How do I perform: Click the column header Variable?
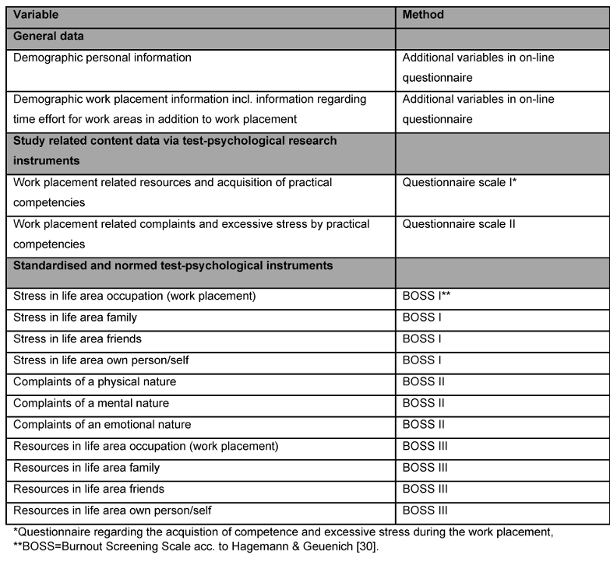[36, 15]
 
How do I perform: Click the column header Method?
[423, 15]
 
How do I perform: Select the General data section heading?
[48, 36]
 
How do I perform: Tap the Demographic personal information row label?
[102, 58]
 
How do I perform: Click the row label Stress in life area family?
[86, 318]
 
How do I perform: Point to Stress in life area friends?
[88, 339]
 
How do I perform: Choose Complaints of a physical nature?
[94, 382]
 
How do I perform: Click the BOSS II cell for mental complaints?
[423, 403]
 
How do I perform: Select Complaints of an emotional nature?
[102, 425]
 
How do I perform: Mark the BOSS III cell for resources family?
[425, 468]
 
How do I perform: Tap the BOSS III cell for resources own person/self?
[425, 511]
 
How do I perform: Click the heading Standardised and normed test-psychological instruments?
[173, 266]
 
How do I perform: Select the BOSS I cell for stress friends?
[421, 339]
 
